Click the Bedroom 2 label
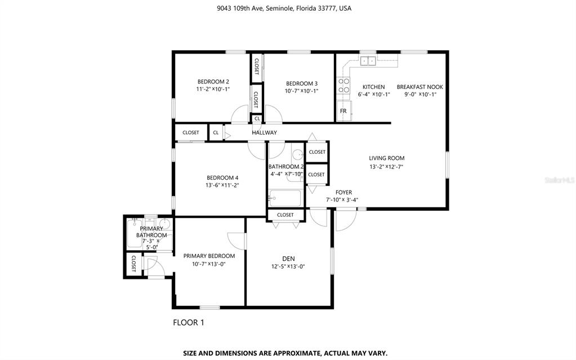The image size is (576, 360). coord(213,82)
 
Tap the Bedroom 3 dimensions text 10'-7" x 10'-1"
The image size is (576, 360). coord(301,91)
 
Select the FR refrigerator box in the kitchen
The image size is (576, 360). coord(344,110)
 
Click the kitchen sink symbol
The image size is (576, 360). coord(368,61)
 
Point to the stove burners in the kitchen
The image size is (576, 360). coord(344,85)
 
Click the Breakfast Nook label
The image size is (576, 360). coord(420,87)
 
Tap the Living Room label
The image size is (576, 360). coord(386,158)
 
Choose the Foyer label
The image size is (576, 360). coord(344,192)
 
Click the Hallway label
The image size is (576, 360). coord(264,133)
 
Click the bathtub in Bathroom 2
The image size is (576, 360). coord(285,198)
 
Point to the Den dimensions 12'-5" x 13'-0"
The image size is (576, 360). coord(288,266)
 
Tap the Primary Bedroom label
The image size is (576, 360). coord(209,256)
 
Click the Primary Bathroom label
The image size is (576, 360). coord(151,232)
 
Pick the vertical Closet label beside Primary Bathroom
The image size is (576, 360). coord(133,263)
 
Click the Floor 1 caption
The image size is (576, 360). coord(189,322)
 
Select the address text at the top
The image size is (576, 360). coord(284,8)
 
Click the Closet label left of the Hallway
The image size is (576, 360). coord(191,133)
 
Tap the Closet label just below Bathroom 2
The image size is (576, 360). coord(285,215)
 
